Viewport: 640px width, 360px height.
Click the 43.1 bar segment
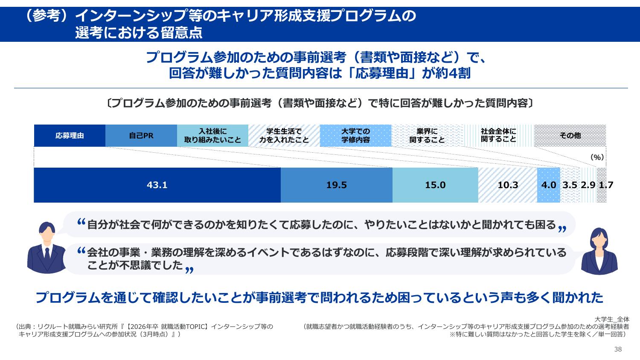(x=157, y=185)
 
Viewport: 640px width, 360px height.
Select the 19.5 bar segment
(x=336, y=185)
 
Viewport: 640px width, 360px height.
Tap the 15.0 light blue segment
(x=435, y=185)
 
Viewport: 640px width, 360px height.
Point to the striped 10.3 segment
(x=507, y=185)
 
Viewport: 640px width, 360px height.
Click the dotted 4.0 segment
(x=548, y=185)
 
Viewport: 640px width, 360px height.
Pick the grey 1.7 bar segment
(x=602, y=185)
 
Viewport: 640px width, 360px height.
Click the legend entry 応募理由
(x=70, y=136)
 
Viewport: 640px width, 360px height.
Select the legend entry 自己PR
(x=141, y=136)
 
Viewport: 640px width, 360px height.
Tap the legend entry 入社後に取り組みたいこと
(x=212, y=136)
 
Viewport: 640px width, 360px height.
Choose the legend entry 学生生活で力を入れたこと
(x=284, y=136)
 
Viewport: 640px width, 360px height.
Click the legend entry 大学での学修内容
(x=355, y=136)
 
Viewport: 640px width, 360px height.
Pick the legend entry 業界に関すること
(x=427, y=136)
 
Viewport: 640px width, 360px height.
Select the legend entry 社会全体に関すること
(x=498, y=136)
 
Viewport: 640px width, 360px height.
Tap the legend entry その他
(x=570, y=136)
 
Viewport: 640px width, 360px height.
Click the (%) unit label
(x=597, y=157)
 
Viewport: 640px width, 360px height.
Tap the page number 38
(x=618, y=349)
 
